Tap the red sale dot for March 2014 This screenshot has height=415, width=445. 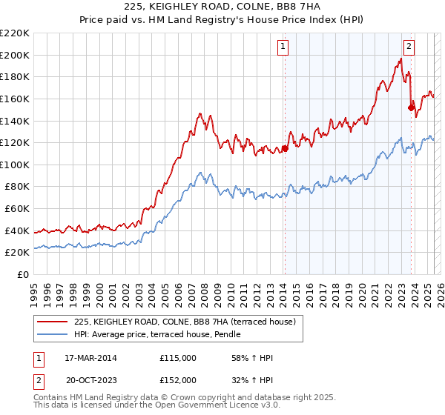(x=285, y=148)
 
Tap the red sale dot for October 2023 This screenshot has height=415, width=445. (x=411, y=107)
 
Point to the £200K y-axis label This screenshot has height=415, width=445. (x=15, y=55)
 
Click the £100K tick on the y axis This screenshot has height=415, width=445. (x=15, y=165)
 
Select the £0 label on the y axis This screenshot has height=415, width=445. (x=22, y=274)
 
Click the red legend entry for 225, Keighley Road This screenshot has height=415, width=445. (x=185, y=322)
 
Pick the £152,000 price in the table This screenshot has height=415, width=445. (x=178, y=380)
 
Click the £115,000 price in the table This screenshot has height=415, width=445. (x=178, y=358)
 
